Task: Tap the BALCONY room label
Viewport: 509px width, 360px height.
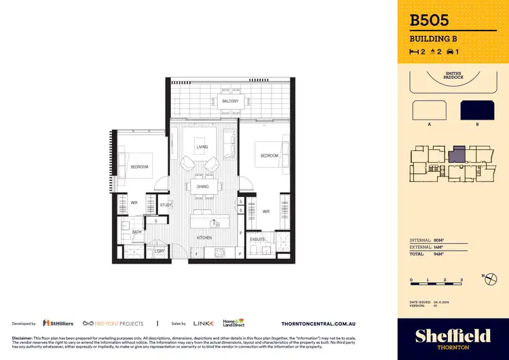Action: point(230,101)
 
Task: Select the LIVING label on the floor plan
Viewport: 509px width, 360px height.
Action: point(202,147)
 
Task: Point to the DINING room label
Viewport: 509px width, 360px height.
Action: point(202,187)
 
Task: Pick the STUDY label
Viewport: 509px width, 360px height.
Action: point(166,205)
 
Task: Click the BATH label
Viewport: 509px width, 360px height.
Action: point(136,232)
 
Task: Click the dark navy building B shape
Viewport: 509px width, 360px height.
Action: point(478,111)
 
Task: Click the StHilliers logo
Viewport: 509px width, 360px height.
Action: point(58,323)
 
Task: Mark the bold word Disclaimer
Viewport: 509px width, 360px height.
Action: point(22,338)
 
